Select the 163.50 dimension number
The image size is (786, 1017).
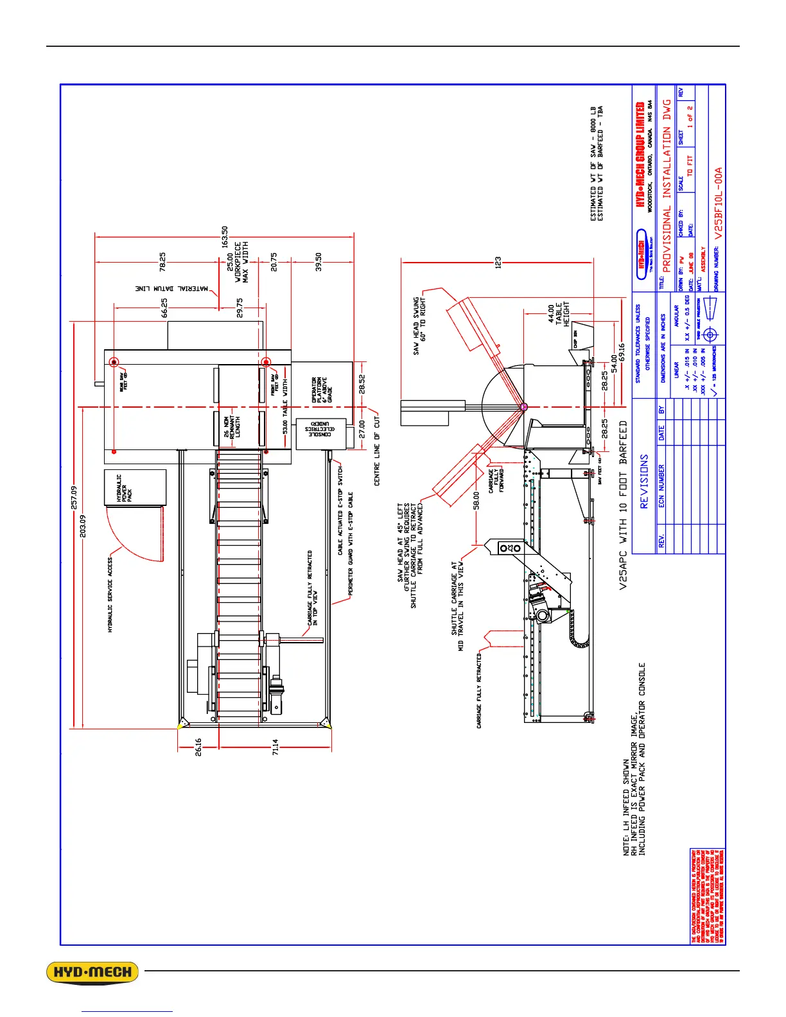[x=225, y=237]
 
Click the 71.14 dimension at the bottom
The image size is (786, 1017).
[x=275, y=747]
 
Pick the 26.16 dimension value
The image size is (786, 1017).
[x=198, y=746]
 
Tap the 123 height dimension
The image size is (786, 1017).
[x=498, y=262]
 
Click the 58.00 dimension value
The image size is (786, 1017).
[x=476, y=501]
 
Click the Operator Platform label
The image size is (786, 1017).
[x=322, y=390]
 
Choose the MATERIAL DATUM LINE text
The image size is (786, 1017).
[x=172, y=289]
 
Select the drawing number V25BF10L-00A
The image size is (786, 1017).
[x=719, y=204]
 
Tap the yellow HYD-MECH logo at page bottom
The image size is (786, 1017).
[x=92, y=972]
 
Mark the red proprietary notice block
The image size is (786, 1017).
[x=708, y=896]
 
